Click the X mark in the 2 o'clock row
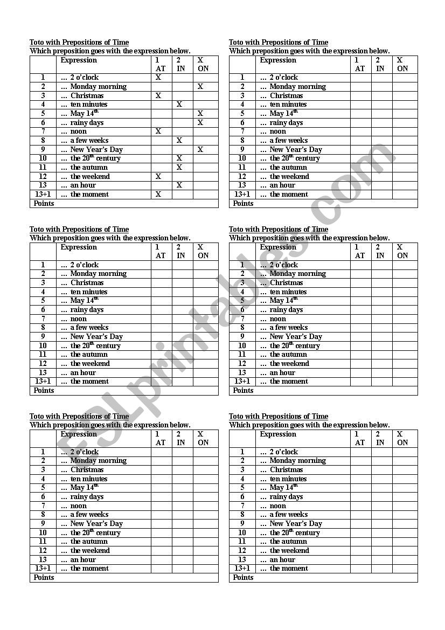coord(158,78)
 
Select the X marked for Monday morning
coord(200,86)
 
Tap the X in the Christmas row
coord(158,95)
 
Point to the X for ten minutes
coord(179,105)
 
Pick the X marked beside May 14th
coord(200,113)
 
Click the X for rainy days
coord(200,122)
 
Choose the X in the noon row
coord(158,131)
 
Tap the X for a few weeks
coord(179,140)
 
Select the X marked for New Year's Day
coord(200,149)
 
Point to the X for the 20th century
coord(179,158)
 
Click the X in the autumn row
coord(179,167)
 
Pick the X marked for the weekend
coord(158,176)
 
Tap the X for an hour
coord(179,185)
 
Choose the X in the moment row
coord(158,194)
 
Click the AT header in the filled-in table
coord(161,68)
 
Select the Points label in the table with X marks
coord(44,203)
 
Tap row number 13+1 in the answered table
coord(43,194)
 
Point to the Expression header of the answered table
coord(79,60)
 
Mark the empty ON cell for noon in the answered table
coord(206,131)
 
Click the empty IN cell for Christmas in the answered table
coord(183,95)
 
